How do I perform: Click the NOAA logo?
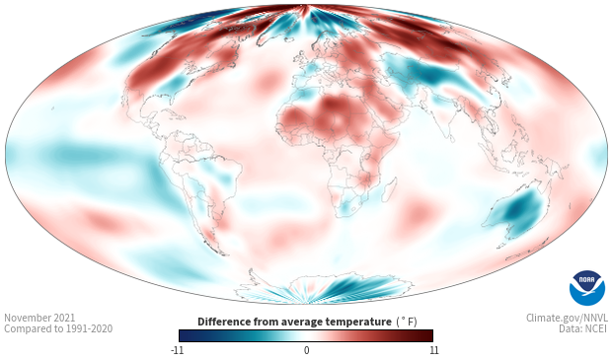coord(587,288)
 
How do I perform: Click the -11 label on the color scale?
coord(177,350)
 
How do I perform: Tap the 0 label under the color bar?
coord(306,350)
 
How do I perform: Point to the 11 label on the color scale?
coord(434,350)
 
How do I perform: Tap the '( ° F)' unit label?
coord(407,322)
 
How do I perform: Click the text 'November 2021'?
coord(39,318)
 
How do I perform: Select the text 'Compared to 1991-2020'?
coord(58,328)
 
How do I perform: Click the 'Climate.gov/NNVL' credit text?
coord(567,318)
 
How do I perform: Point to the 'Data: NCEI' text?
coord(582,328)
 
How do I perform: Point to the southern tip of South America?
coord(224,253)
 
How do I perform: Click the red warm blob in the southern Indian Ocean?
coord(417,211)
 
